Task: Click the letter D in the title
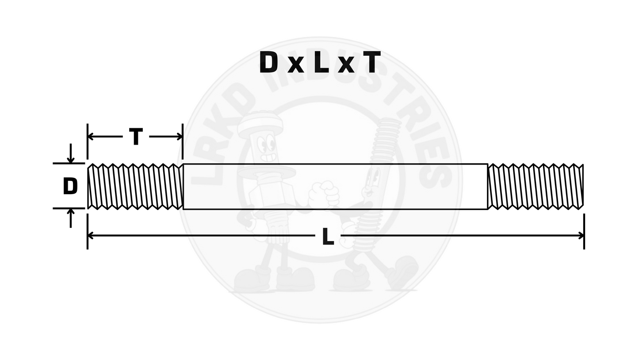(x=268, y=63)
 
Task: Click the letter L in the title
(x=321, y=63)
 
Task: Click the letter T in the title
(x=371, y=63)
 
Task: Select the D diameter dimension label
(x=70, y=186)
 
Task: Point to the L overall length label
(x=327, y=237)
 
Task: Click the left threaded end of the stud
(x=135, y=186)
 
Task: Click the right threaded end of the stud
(x=535, y=186)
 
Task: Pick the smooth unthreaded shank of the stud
(x=335, y=186)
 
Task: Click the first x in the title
(x=295, y=66)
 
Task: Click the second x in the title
(x=348, y=66)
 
